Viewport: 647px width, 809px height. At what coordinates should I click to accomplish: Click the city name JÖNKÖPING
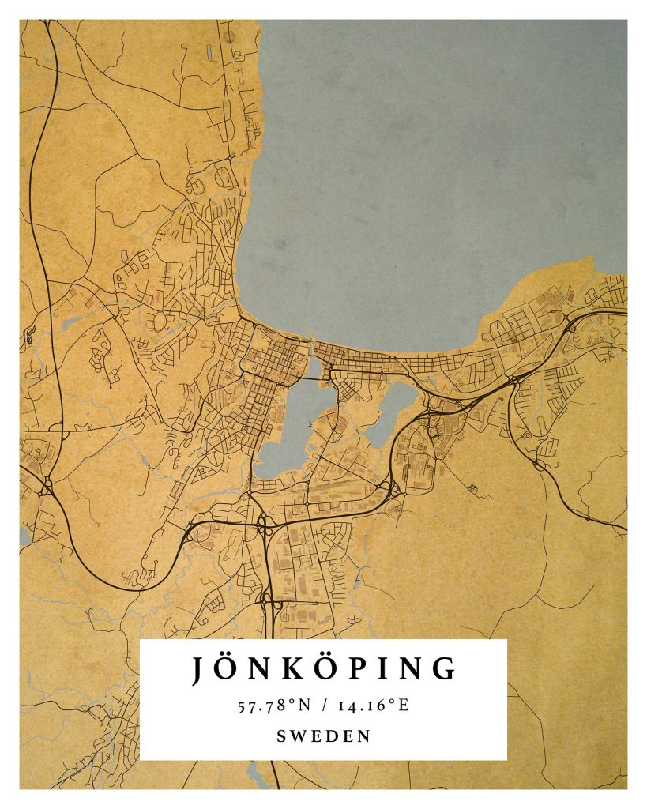click(x=323, y=668)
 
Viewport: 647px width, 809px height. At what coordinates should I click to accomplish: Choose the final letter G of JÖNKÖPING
click(x=446, y=669)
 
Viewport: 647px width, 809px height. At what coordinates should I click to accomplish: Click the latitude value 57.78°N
click(x=274, y=705)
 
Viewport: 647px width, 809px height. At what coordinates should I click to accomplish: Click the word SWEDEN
click(x=323, y=736)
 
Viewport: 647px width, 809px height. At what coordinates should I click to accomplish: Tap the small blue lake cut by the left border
click(x=24, y=537)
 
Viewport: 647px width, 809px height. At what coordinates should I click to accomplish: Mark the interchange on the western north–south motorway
click(x=46, y=484)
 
